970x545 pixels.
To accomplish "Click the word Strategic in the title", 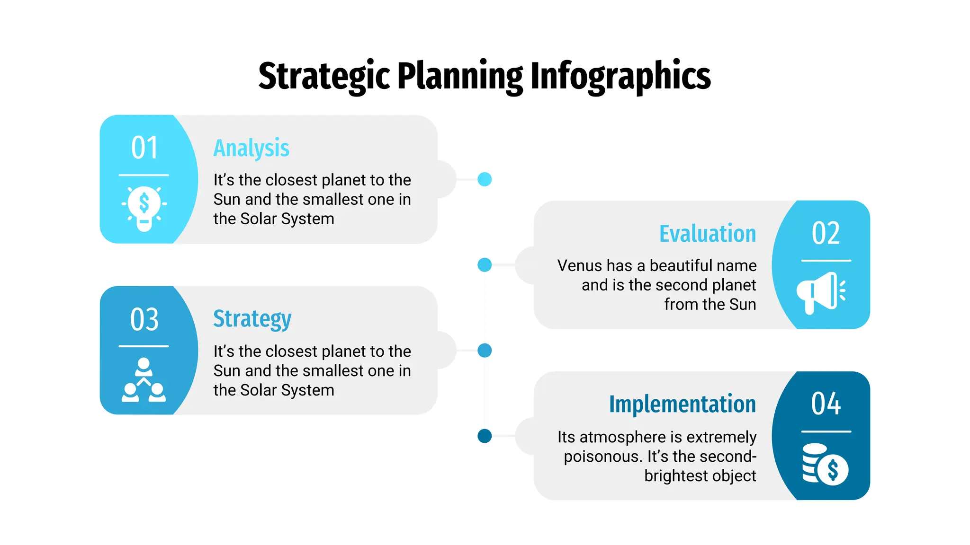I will pos(324,76).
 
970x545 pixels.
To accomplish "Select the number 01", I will pos(144,148).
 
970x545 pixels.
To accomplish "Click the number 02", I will pos(826,233).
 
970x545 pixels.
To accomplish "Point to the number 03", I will pos(144,319).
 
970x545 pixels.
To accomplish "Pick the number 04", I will pos(826,404).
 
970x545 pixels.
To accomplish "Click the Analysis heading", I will pos(251,148).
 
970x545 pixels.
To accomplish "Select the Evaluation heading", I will pos(708,234).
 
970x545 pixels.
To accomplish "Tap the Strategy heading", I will pos(252,319).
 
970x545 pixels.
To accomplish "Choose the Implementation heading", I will pos(683,404).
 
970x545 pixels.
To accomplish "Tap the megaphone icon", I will pos(820,292).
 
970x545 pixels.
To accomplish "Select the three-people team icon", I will pos(144,380).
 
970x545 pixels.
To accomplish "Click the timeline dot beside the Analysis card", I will pos(485,179).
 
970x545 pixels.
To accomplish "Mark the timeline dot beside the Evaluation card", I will pos(485,265).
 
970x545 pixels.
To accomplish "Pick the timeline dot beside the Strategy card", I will pos(485,351).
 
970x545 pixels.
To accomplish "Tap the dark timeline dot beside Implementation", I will pos(485,436).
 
